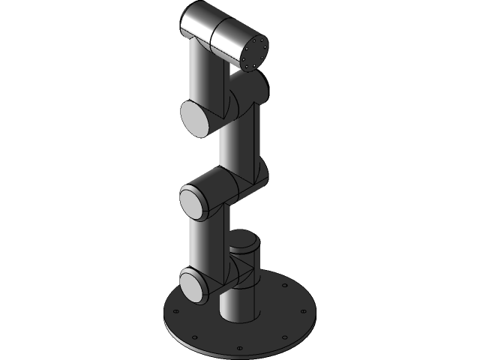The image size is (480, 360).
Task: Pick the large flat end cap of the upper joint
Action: [196, 119]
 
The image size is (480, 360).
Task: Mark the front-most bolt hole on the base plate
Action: [238, 348]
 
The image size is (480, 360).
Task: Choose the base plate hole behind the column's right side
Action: [283, 286]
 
